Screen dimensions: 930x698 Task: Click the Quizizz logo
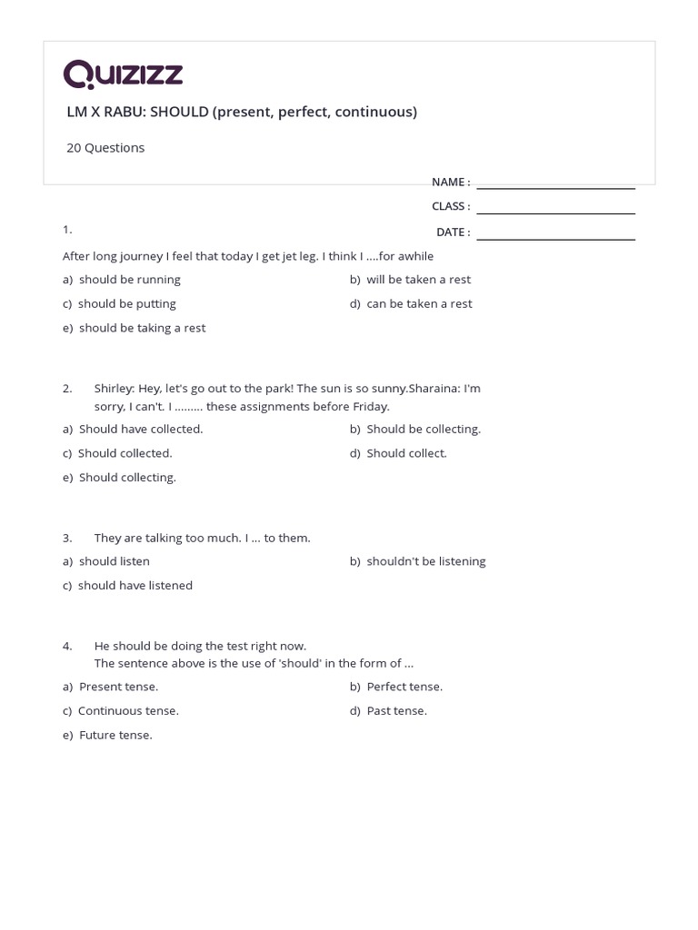123,74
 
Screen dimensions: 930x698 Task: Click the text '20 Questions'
105,147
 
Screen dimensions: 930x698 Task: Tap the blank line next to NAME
555,183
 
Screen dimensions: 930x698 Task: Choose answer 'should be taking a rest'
142,328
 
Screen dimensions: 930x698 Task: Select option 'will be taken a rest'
418,280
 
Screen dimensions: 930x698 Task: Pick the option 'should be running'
129,280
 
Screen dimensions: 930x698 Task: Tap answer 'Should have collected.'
141,429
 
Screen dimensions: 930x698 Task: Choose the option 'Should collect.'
406,453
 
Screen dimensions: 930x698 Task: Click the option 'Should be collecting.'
424,429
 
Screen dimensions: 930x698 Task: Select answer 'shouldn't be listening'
425,561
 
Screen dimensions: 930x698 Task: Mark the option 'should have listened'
135,586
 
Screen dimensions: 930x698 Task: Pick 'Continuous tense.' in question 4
128,711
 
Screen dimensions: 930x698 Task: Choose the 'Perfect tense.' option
404,687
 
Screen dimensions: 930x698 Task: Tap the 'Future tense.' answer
115,736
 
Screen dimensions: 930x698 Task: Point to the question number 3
67,538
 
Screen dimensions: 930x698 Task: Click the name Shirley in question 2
115,389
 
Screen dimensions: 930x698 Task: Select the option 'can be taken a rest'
419,304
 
